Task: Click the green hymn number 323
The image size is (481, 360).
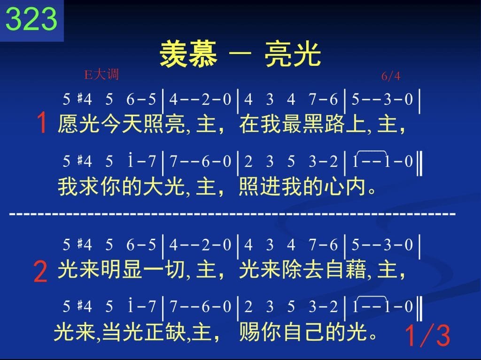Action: (31, 19)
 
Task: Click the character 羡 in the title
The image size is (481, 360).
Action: (174, 55)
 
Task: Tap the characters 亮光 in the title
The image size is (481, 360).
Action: (293, 55)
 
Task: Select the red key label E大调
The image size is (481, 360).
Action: (101, 75)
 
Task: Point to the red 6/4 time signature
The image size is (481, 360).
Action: (391, 76)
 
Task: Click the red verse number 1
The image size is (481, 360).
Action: (41, 123)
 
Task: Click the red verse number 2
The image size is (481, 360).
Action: (40, 271)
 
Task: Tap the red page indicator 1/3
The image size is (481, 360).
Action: (427, 336)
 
